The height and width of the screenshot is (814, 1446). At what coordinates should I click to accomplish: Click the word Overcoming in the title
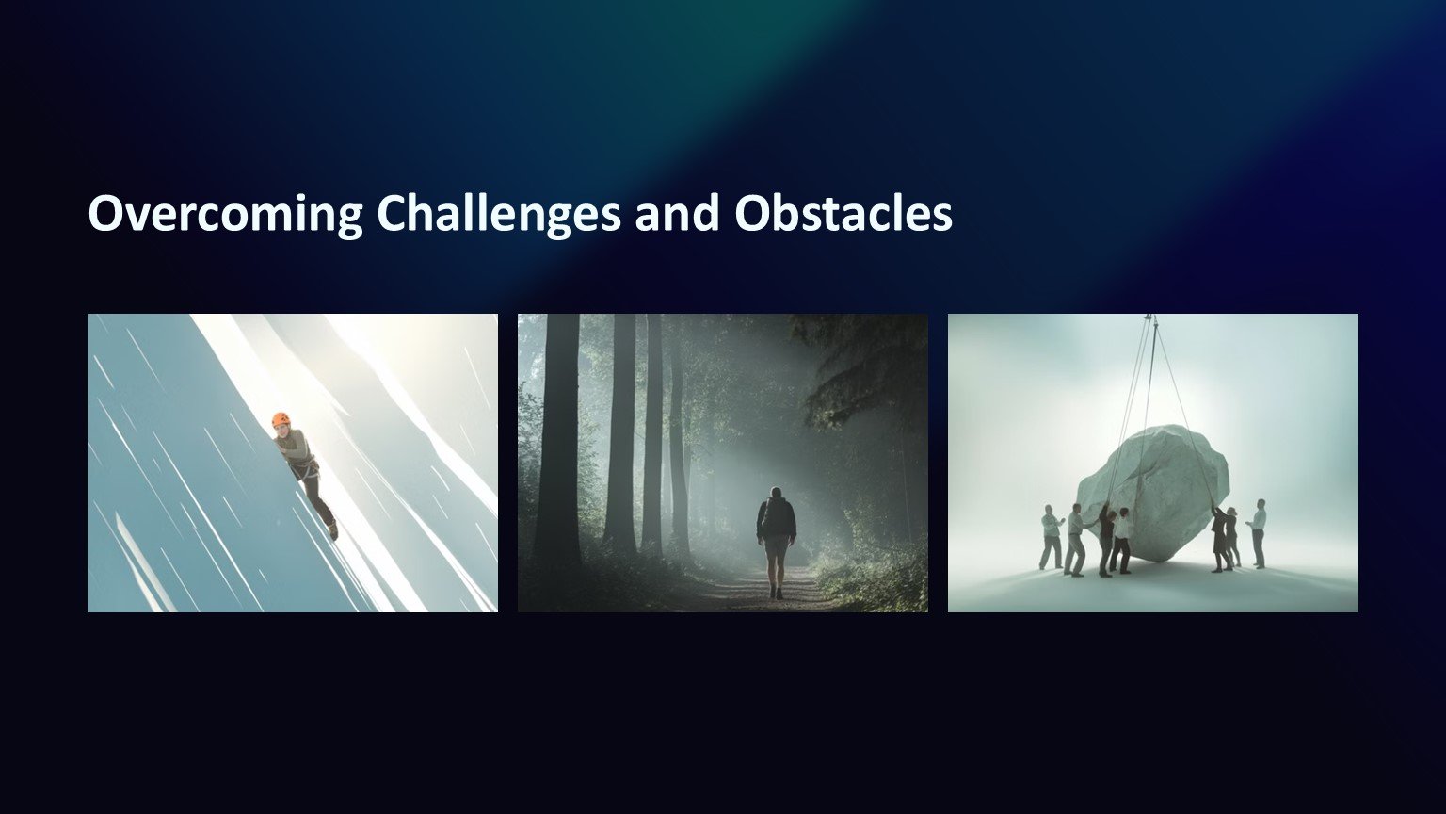[225, 214]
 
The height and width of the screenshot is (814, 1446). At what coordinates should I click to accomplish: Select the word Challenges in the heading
[498, 214]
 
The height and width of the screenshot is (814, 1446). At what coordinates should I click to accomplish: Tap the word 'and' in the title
[677, 213]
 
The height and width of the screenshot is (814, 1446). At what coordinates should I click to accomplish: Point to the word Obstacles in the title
[843, 213]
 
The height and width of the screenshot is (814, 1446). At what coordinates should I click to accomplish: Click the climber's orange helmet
[281, 420]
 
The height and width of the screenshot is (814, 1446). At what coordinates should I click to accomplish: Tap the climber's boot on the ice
[333, 531]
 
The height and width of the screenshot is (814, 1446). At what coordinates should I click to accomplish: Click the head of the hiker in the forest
[777, 493]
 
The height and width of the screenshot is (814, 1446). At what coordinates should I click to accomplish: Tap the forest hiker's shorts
[776, 545]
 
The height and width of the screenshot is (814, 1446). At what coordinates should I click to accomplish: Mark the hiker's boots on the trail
[777, 593]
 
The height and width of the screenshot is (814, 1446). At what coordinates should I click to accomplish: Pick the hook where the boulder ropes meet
[1150, 319]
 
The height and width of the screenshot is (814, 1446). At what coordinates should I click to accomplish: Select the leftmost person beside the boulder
[1052, 538]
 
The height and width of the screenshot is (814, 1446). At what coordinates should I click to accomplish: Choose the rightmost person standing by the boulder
[1258, 533]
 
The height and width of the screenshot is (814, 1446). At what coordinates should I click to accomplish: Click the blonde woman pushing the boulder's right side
[1232, 537]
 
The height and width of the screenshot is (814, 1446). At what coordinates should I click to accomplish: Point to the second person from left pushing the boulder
[1075, 540]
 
